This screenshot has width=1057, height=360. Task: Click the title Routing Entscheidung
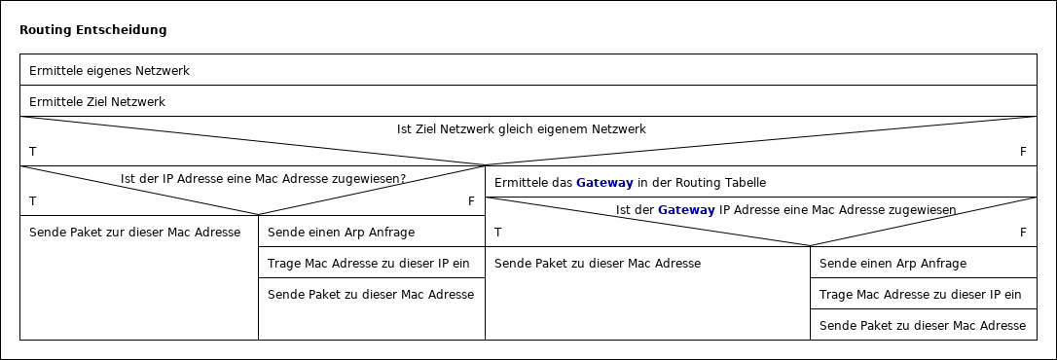point(93,30)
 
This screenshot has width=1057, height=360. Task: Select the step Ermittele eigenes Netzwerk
point(109,71)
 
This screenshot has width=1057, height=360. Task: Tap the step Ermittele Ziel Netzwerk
point(97,102)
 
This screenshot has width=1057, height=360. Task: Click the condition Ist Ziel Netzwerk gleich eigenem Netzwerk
point(522,128)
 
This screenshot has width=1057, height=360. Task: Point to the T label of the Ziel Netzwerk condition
point(33,152)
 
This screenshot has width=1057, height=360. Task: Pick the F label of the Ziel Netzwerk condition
point(1023,152)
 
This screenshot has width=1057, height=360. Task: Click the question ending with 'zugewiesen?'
point(263,179)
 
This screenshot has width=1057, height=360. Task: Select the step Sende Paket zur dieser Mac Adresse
point(135,233)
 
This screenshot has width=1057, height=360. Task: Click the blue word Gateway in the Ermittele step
point(604,183)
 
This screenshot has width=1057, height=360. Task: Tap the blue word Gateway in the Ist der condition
point(686,209)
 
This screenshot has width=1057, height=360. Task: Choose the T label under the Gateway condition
point(498,233)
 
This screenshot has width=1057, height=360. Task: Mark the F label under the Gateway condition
point(1023,233)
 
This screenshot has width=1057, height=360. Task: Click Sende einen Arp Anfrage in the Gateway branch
point(893,264)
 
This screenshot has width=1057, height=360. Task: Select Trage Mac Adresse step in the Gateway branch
point(920,295)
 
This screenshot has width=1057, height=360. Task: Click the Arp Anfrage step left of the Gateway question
point(341,233)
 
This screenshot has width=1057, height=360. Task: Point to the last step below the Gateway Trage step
point(922,326)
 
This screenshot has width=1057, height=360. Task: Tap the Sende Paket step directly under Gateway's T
point(598,264)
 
